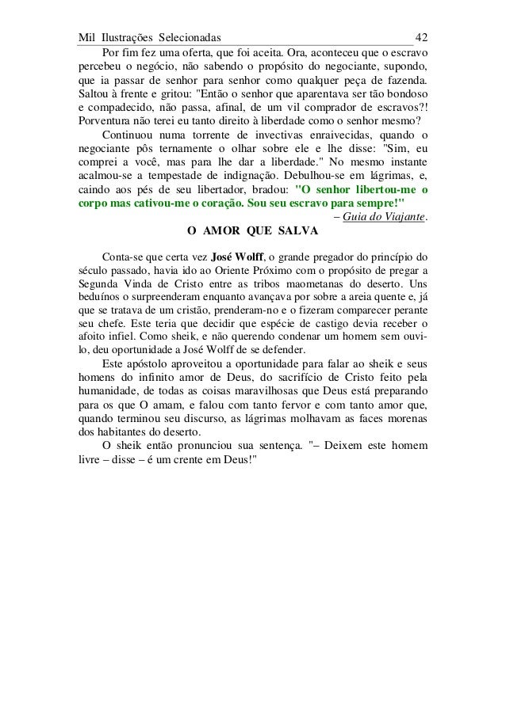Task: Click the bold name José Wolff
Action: (x=236, y=258)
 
